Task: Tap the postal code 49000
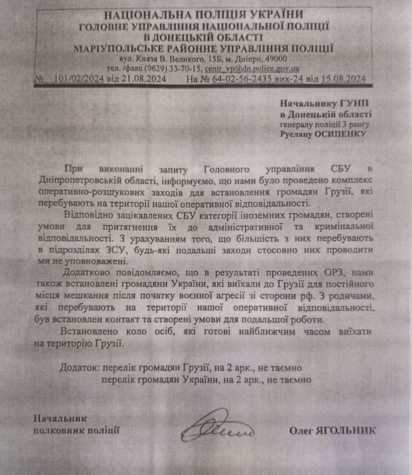277,59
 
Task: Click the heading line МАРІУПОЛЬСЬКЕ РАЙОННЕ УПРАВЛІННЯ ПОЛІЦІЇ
203,48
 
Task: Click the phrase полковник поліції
76,430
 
